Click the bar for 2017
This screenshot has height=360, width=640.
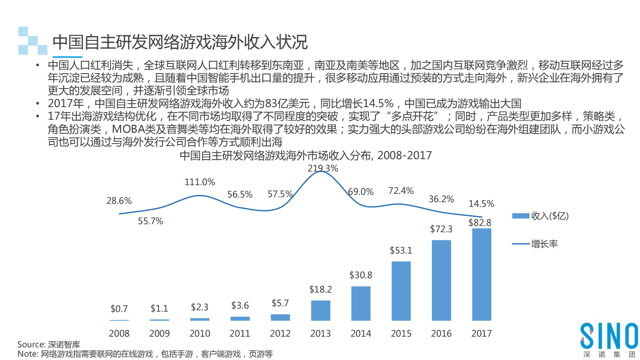point(482,274)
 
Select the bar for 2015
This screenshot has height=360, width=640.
point(401,291)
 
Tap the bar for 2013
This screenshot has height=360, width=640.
point(321,310)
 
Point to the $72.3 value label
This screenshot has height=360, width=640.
point(441,229)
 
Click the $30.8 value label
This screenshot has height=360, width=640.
point(361,275)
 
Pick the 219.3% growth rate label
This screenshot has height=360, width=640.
point(323,168)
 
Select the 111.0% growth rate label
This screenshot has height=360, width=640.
point(200,182)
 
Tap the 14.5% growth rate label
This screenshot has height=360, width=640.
point(481,204)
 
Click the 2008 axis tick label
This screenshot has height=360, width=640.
point(119,333)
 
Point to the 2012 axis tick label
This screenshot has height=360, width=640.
point(280,333)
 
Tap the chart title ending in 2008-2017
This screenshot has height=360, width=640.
point(305,155)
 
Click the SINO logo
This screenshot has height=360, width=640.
point(609,336)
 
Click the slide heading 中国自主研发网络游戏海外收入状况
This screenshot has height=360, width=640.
point(180,42)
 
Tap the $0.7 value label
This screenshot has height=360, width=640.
point(119,309)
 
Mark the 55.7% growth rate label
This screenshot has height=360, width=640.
point(150,221)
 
